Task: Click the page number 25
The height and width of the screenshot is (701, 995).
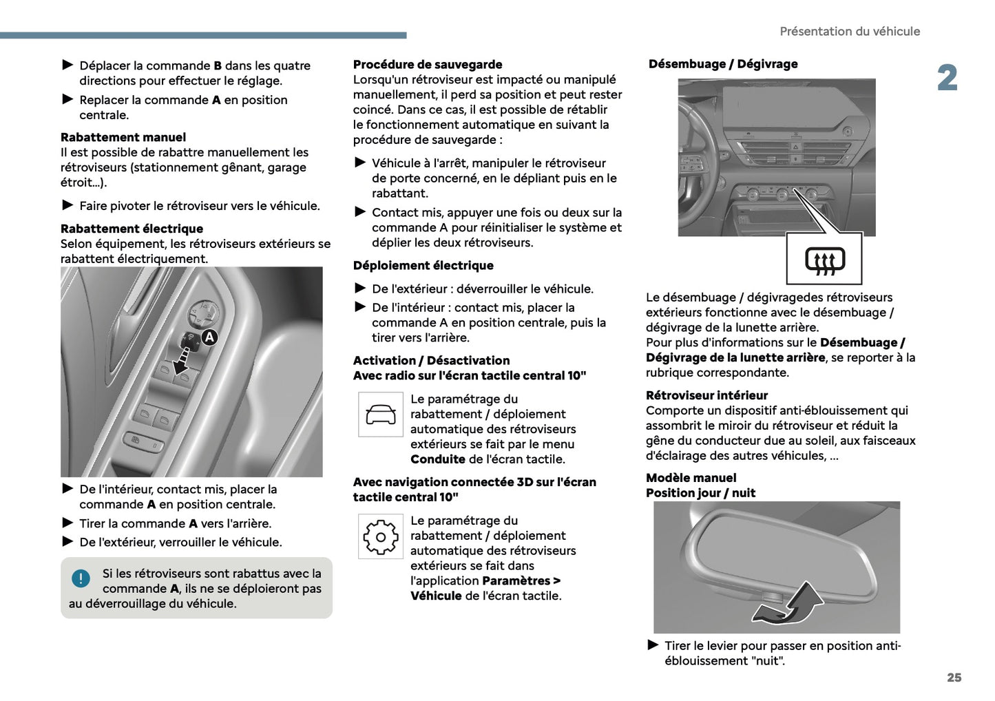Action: point(954,678)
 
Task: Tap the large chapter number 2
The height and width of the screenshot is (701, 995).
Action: point(947,78)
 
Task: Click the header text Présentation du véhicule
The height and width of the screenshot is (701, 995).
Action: point(849,32)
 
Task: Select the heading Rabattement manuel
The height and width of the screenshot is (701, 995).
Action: point(123,137)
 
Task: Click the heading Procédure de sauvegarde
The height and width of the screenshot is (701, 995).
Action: point(428,65)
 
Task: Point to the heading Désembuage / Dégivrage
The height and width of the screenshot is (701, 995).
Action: point(723,64)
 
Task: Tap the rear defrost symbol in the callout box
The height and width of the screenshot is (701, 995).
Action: point(825,261)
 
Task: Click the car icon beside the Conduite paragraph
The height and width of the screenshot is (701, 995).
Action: point(381,415)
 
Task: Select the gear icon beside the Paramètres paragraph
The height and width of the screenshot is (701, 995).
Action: point(381,536)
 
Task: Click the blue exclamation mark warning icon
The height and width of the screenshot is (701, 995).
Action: point(81,578)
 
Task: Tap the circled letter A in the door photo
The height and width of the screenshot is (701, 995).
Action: point(209,337)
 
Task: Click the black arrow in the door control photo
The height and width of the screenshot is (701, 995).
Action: point(182,360)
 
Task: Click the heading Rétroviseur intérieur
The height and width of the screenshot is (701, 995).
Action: point(706,395)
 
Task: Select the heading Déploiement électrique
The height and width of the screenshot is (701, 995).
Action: point(423,266)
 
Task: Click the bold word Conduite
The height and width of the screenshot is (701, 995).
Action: point(438,459)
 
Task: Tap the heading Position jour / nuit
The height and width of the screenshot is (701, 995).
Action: point(700,493)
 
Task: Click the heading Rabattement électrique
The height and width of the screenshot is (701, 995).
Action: point(132,229)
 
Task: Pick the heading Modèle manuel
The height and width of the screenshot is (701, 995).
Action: point(691,478)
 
